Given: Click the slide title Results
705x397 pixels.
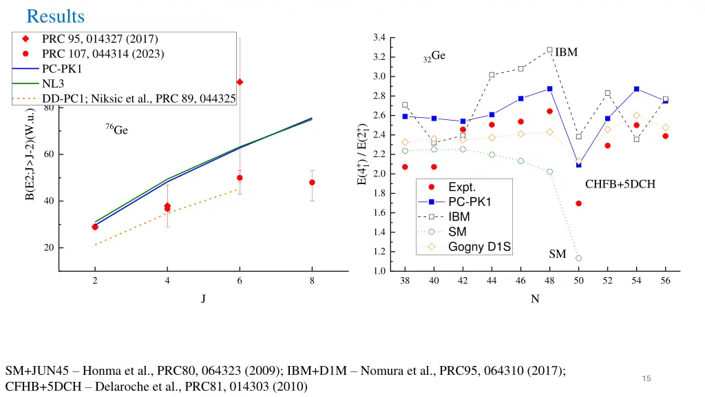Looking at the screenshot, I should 55,15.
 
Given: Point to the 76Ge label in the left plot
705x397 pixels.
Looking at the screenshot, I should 116,130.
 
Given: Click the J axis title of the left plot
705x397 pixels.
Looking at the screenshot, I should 203,299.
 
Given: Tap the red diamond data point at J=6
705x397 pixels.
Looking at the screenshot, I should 240,82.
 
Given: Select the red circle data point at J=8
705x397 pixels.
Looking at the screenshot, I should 312,183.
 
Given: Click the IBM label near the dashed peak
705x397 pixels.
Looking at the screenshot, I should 566,52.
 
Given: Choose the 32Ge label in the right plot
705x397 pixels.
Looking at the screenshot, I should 434,57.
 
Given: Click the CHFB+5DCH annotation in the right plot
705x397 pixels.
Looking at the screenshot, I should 620,184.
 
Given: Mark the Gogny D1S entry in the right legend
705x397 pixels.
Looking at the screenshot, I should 479,247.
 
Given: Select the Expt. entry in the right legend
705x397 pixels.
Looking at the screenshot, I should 461,187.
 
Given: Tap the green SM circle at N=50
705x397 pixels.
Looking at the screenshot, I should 578,258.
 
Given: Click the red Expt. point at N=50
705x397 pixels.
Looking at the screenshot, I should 578,203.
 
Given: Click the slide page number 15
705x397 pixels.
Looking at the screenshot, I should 646,378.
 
